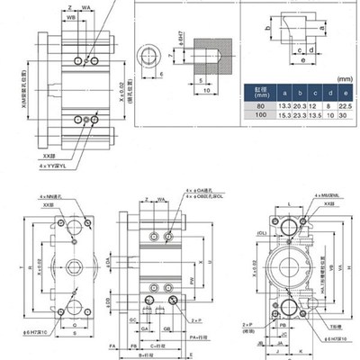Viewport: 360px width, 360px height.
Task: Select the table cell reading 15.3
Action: [284, 116]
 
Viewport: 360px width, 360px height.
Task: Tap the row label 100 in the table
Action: [258, 116]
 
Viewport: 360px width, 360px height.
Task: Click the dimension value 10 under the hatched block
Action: [206, 89]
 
